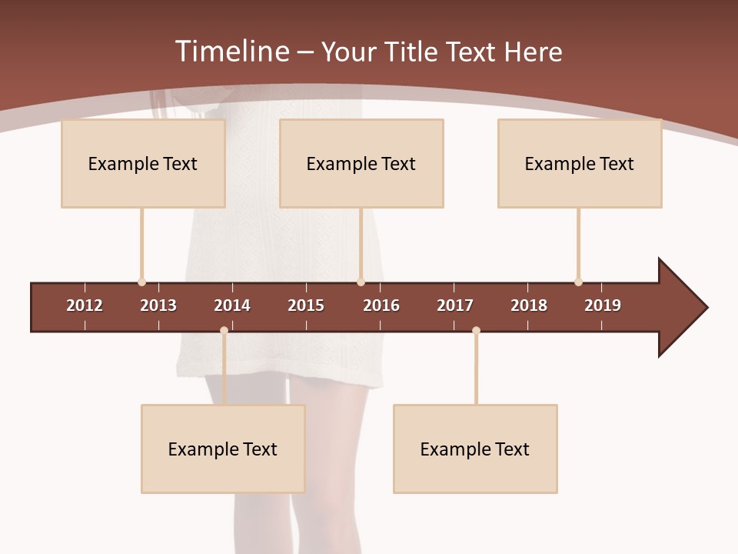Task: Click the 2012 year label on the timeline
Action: point(85,305)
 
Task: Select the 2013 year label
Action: point(158,305)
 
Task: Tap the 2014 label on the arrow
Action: point(232,305)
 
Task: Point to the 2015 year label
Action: point(306,305)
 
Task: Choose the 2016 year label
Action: point(381,305)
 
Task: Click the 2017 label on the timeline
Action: point(455,305)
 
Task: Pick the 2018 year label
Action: point(529,305)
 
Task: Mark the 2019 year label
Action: point(603,305)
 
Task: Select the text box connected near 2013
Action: point(143,163)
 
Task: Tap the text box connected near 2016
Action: point(361,163)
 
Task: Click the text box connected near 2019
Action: point(580,163)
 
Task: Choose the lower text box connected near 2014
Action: point(223,449)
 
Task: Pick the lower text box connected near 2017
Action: point(475,449)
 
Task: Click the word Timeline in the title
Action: point(232,52)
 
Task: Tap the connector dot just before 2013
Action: point(141,282)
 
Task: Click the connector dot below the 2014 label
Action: point(224,331)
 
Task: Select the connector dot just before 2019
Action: point(578,282)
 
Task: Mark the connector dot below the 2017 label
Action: point(476,331)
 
